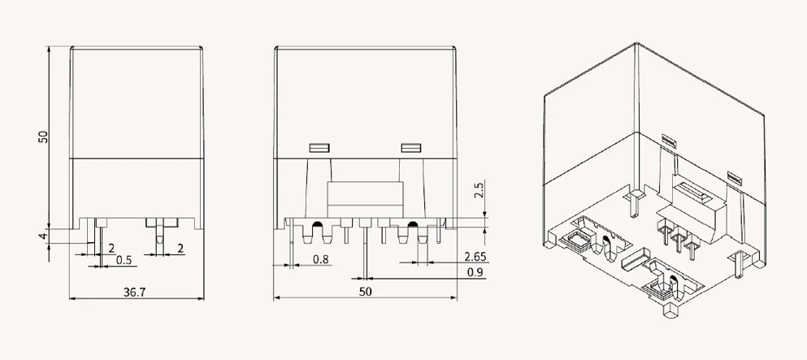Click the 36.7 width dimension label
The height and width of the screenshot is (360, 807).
(x=134, y=292)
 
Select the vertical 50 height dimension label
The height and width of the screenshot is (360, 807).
(x=43, y=137)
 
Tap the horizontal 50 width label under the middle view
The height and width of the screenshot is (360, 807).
(x=365, y=292)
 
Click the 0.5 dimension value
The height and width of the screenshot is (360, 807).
(x=124, y=260)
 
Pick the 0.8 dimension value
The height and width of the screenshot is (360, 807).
(x=321, y=259)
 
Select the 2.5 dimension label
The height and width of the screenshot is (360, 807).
(x=479, y=189)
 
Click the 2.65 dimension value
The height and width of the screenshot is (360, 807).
(x=475, y=257)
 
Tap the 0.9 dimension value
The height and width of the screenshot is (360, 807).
(x=475, y=272)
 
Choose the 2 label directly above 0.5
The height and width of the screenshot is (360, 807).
(x=111, y=249)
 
